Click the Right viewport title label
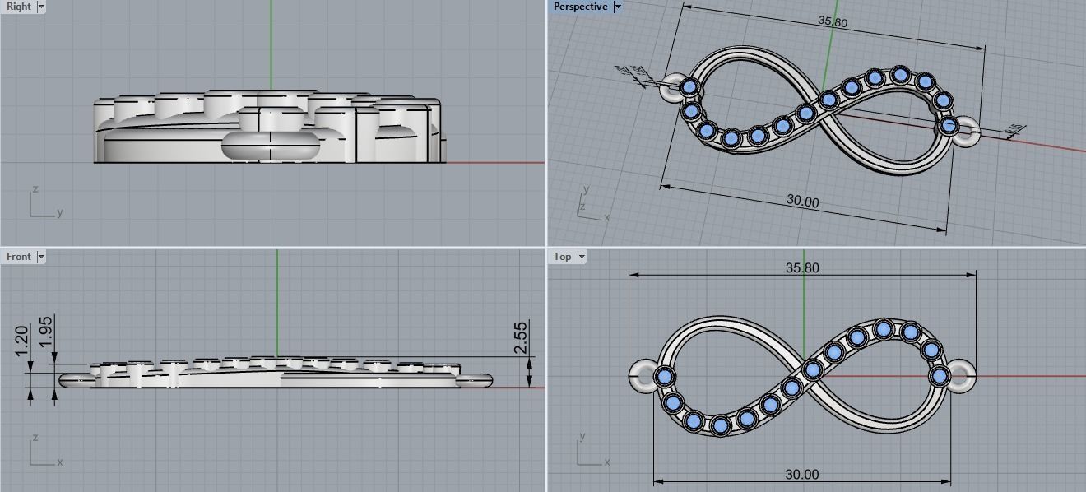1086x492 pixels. pyautogui.click(x=18, y=7)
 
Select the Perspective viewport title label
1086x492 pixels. pyautogui.click(x=580, y=7)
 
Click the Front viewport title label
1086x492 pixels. pyautogui.click(x=18, y=257)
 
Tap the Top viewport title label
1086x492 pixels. pyautogui.click(x=563, y=257)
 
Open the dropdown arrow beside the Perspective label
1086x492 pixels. pyautogui.click(x=618, y=7)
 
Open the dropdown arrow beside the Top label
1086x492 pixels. pyautogui.click(x=582, y=257)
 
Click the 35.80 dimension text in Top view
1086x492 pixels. pyautogui.click(x=802, y=267)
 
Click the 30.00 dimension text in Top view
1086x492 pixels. pyautogui.click(x=802, y=475)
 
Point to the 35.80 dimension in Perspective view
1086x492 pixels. pyautogui.click(x=833, y=21)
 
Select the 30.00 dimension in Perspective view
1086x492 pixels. pyautogui.click(x=802, y=202)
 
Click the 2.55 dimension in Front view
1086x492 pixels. pyautogui.click(x=520, y=337)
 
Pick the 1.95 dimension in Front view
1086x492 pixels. pyautogui.click(x=46, y=332)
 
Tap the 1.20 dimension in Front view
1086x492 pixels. pyautogui.click(x=22, y=341)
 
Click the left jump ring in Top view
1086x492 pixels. pyautogui.click(x=642, y=376)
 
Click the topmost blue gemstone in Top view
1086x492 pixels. pyautogui.click(x=884, y=330)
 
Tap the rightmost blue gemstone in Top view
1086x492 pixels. pyautogui.click(x=939, y=376)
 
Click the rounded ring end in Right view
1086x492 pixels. pyautogui.click(x=271, y=147)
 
